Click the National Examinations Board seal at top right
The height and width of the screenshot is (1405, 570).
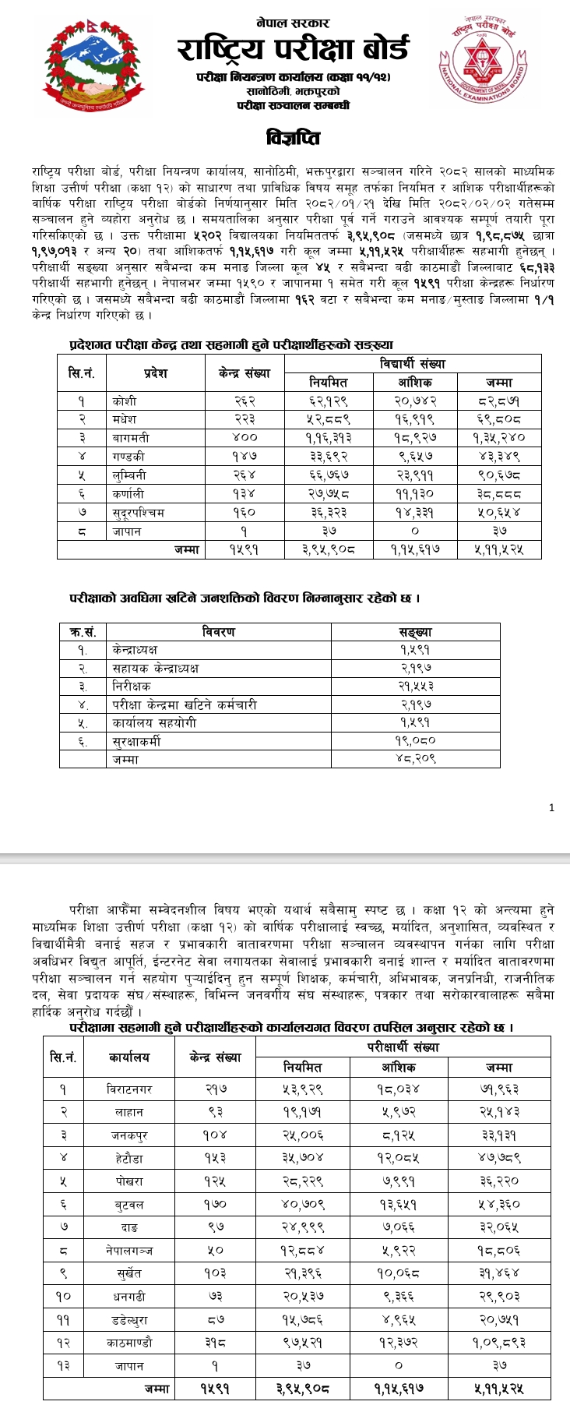(x=485, y=61)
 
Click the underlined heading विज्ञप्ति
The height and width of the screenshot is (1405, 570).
(x=292, y=139)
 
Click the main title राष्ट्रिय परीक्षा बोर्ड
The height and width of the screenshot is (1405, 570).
(x=292, y=49)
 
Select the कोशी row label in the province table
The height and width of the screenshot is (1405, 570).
(x=124, y=401)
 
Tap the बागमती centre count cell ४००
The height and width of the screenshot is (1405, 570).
(x=245, y=438)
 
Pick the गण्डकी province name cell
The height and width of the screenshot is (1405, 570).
(x=128, y=457)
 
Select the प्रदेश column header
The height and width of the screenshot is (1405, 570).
(x=155, y=373)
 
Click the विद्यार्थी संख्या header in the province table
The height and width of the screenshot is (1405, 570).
(x=412, y=363)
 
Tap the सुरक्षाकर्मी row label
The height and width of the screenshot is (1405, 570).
(x=136, y=742)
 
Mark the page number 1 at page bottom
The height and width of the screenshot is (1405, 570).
(x=551, y=808)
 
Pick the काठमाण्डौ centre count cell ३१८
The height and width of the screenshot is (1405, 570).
(x=215, y=1343)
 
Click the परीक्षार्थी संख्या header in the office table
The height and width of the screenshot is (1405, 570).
(x=403, y=1047)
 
